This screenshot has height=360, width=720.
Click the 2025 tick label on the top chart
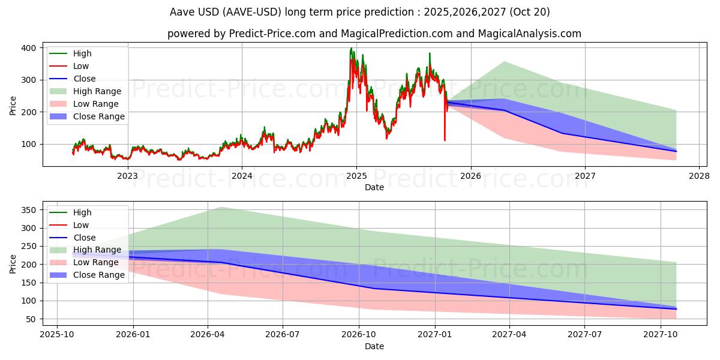pyautogui.click(x=356, y=176)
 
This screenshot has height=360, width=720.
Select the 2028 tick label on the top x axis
pyautogui.click(x=700, y=176)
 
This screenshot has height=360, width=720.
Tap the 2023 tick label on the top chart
pyautogui.click(x=127, y=176)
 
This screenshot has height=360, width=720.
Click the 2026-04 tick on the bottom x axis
pyautogui.click(x=208, y=335)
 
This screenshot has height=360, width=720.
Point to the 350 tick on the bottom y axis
pyautogui.click(x=28, y=210)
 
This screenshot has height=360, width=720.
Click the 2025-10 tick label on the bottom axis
pyautogui.click(x=57, y=335)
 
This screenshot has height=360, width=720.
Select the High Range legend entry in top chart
pyautogui.click(x=97, y=91)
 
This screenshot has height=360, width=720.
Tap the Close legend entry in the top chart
pyautogui.click(x=84, y=79)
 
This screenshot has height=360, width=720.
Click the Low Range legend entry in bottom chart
pyautogui.click(x=96, y=262)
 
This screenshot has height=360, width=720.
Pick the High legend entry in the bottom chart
pyautogui.click(x=82, y=212)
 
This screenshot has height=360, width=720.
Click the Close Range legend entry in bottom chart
pyautogui.click(x=98, y=275)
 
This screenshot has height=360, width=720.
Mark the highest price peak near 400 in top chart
pyautogui.click(x=351, y=49)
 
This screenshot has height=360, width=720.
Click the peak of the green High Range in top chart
pyautogui.click(x=503, y=61)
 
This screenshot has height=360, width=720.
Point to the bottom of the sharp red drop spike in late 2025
pyautogui.click(x=445, y=140)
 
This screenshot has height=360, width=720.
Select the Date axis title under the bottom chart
pyautogui.click(x=374, y=346)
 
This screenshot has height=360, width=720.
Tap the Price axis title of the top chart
pyautogui.click(x=13, y=106)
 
